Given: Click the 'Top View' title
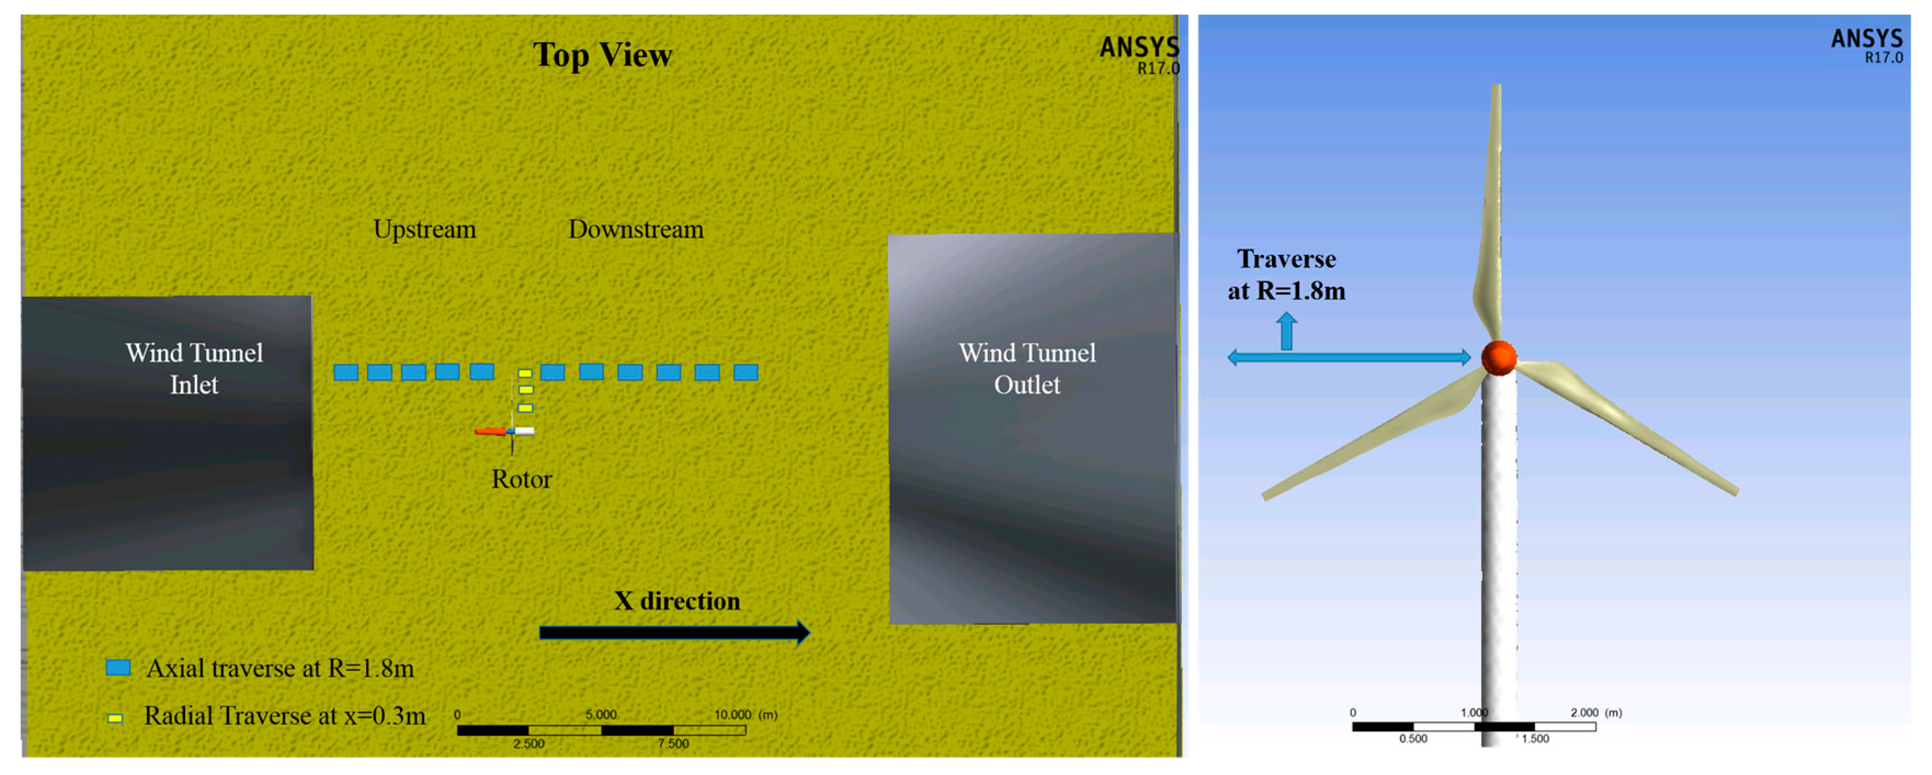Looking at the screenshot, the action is click(x=603, y=55).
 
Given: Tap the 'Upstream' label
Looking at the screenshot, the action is click(x=424, y=229).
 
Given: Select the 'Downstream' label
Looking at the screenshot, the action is click(x=636, y=229).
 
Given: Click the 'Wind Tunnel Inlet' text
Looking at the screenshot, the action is click(x=194, y=369).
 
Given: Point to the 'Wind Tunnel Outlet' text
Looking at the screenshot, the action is click(x=1027, y=369).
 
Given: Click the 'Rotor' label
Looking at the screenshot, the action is click(x=521, y=479).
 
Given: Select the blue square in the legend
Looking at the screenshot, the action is click(x=118, y=667).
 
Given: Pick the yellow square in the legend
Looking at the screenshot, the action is click(x=115, y=718).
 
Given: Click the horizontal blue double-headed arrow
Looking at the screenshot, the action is click(x=1349, y=357).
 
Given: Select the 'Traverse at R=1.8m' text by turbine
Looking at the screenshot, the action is click(x=1286, y=275).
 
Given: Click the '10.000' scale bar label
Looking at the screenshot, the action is click(x=732, y=714).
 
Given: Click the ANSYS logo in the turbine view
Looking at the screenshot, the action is click(x=1867, y=45).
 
